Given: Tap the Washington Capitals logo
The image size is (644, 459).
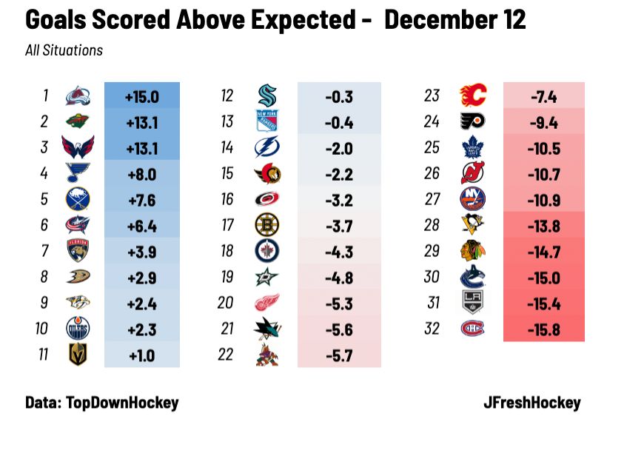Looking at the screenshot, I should tap(78, 148).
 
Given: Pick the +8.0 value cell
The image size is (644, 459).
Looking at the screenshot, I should tap(141, 174).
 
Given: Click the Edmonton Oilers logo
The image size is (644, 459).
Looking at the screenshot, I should tap(78, 329).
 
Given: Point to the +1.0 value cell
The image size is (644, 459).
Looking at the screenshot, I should tap(141, 355).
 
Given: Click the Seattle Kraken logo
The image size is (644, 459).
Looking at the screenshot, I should tap(266, 96).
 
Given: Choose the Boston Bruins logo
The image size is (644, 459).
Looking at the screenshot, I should tap(266, 225).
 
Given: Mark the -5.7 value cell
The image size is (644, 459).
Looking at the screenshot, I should tap(339, 355).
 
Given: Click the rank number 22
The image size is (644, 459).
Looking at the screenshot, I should tap(226, 355).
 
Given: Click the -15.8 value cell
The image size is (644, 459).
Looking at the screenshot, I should tap(543, 329).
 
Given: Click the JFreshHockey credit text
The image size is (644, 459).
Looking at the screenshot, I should tap(531, 403).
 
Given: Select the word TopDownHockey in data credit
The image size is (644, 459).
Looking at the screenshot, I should tap(122, 403).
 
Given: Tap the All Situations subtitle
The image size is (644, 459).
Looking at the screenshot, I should tap(64, 50).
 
